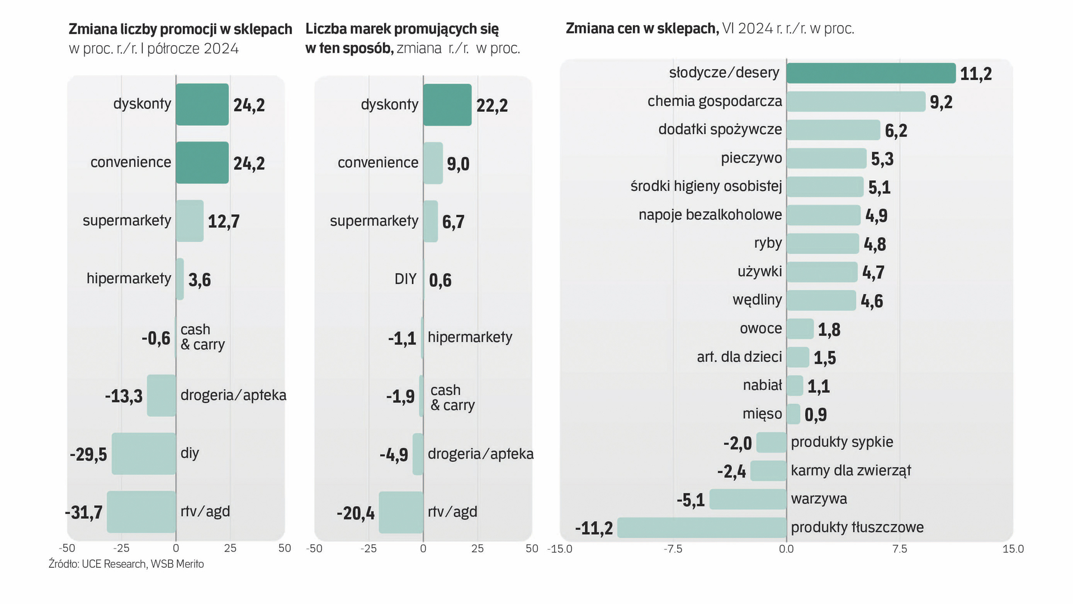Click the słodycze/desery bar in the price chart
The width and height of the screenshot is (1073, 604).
[x=871, y=73]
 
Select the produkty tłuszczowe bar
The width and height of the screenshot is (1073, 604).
[x=702, y=527]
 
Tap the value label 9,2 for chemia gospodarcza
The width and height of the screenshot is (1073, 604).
[x=941, y=102]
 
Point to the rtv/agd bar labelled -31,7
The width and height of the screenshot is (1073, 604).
[x=141, y=512]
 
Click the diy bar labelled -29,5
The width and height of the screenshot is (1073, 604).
[x=144, y=454]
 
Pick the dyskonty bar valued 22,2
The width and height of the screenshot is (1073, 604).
[x=447, y=105]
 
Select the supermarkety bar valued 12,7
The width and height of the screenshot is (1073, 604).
[x=190, y=221]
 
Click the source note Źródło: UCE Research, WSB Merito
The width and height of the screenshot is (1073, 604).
[x=126, y=564]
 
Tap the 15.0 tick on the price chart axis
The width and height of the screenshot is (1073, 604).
[x=1013, y=549]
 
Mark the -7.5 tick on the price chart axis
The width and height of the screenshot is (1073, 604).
[x=673, y=549]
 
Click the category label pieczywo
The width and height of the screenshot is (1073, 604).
[x=751, y=158]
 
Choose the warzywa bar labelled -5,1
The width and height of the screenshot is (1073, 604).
[x=748, y=499]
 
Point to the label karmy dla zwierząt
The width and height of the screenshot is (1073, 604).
[x=850, y=470]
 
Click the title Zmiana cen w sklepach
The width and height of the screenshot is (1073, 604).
[x=642, y=29]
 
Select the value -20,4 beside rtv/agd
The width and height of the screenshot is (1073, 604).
[x=356, y=513]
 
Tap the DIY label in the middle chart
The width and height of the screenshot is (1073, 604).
[x=405, y=279]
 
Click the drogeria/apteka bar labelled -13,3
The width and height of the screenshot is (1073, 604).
[x=162, y=395]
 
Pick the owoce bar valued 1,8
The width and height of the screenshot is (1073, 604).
[x=800, y=329]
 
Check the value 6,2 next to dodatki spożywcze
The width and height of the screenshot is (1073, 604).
[x=896, y=131]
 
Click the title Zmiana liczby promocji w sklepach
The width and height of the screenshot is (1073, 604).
[x=180, y=29]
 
